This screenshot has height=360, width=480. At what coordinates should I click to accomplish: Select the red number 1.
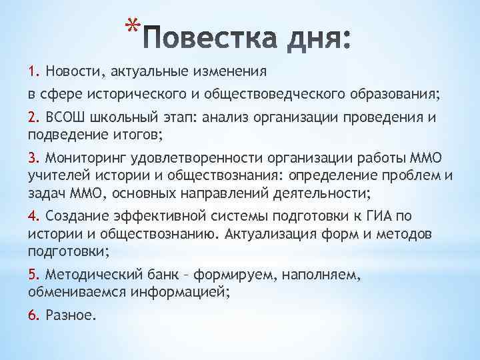(33, 71)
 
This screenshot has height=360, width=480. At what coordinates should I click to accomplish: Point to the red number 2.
(33, 119)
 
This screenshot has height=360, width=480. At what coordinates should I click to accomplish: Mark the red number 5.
(33, 274)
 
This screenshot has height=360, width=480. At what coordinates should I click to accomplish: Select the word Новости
(69, 71)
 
